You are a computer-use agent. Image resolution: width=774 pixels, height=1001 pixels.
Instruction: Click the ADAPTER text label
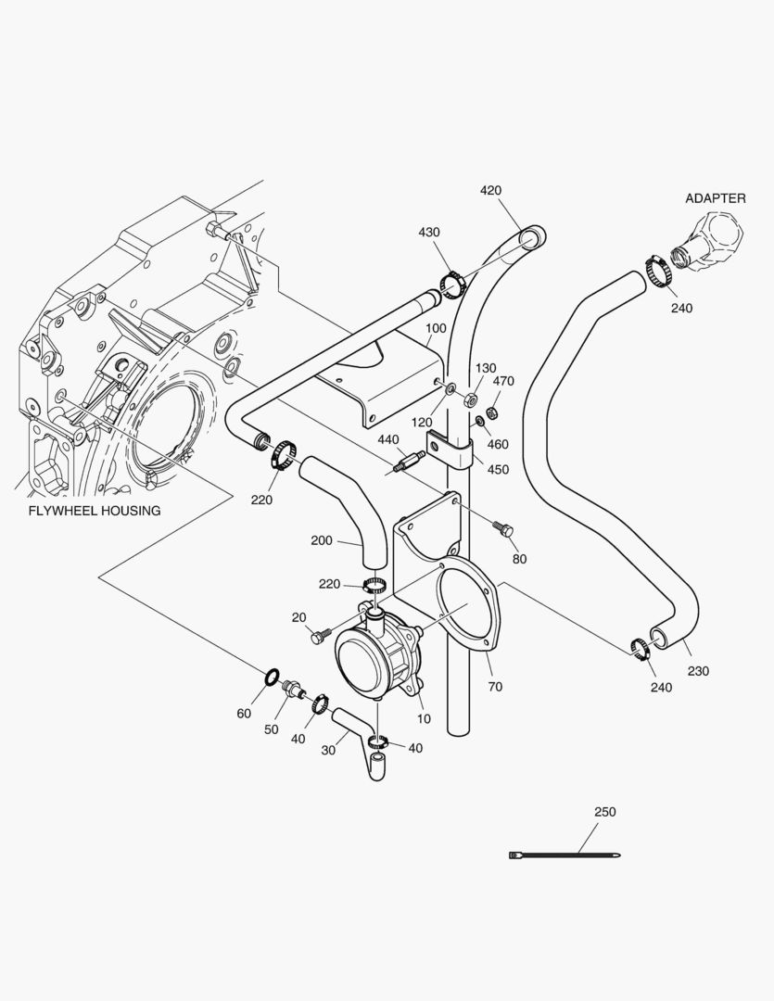click(715, 198)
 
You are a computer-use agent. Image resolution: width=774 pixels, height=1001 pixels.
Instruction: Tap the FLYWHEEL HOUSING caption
click(94, 511)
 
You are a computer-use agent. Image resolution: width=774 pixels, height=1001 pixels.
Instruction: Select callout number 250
click(604, 812)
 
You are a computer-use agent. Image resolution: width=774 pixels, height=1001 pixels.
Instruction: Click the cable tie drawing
click(565, 855)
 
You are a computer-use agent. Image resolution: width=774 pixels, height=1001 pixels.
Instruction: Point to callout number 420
click(490, 191)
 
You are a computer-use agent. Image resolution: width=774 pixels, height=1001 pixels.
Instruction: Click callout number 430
click(429, 233)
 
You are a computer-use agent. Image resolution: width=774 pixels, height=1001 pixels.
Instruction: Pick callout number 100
click(436, 329)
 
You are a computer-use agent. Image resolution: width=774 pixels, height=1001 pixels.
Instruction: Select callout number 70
click(494, 687)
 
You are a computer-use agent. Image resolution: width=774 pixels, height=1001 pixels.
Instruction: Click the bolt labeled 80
click(504, 531)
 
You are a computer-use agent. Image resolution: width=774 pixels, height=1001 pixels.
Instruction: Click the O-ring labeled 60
click(272, 678)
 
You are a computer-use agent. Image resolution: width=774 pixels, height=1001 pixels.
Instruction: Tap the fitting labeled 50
click(296, 691)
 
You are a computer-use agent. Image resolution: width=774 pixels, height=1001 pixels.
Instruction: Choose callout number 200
click(322, 540)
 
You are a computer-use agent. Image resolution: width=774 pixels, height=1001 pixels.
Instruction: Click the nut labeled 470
click(494, 411)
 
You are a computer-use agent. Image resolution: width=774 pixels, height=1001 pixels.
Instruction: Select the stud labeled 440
click(407, 461)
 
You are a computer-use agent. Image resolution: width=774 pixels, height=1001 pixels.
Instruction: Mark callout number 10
click(424, 719)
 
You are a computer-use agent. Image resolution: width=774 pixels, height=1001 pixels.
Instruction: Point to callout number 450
click(498, 470)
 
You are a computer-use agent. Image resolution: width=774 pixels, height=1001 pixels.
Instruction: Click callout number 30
click(328, 751)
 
